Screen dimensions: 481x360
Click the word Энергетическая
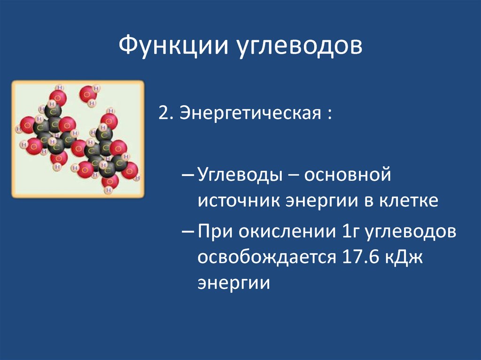click(250, 114)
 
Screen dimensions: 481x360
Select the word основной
click(348, 175)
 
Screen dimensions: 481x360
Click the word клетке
click(409, 201)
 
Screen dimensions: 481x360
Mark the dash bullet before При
click(188, 232)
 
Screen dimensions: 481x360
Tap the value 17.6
click(360, 257)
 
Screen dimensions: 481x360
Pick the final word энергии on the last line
click(234, 283)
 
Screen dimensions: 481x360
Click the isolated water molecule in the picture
click(89, 94)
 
